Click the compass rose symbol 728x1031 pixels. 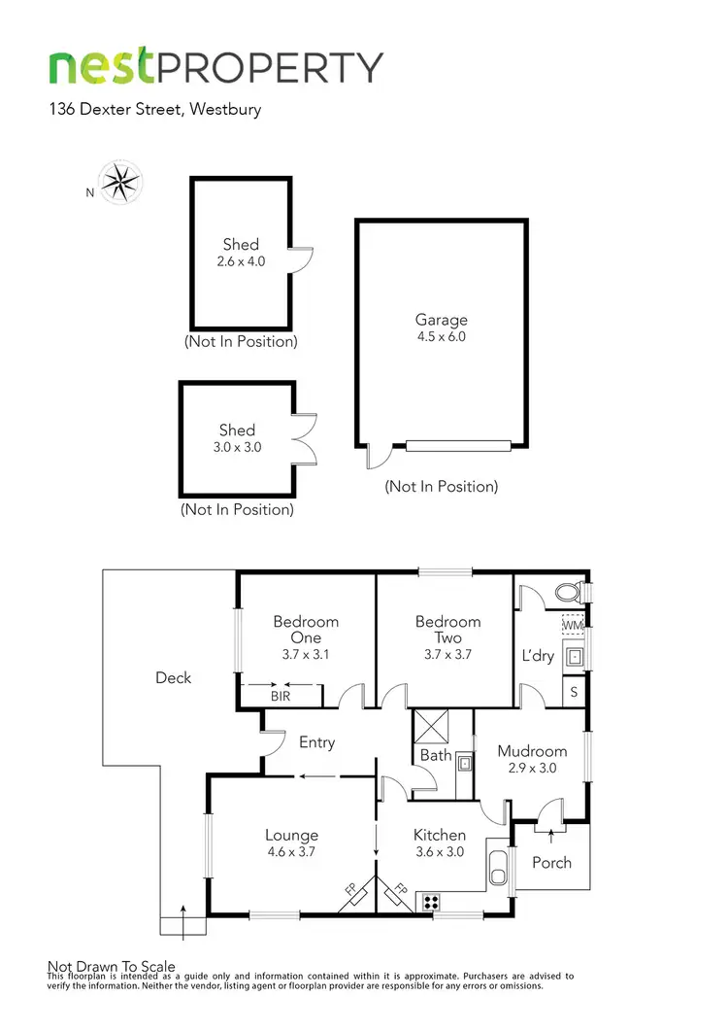[x=121, y=183]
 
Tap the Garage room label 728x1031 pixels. [x=442, y=320]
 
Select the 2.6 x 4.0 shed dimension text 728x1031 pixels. [x=241, y=261]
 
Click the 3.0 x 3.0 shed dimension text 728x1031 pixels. [x=237, y=447]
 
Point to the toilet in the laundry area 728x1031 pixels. [x=568, y=591]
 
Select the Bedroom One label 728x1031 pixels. [x=306, y=630]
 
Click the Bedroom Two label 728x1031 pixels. [x=447, y=630]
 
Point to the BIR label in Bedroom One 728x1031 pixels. [x=281, y=696]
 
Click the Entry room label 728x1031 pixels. [x=316, y=742]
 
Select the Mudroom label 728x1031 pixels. [x=532, y=751]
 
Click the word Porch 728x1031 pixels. [x=551, y=862]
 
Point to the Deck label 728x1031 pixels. [x=174, y=677]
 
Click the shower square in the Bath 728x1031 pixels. [x=430, y=726]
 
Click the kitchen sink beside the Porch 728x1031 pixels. [x=498, y=868]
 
